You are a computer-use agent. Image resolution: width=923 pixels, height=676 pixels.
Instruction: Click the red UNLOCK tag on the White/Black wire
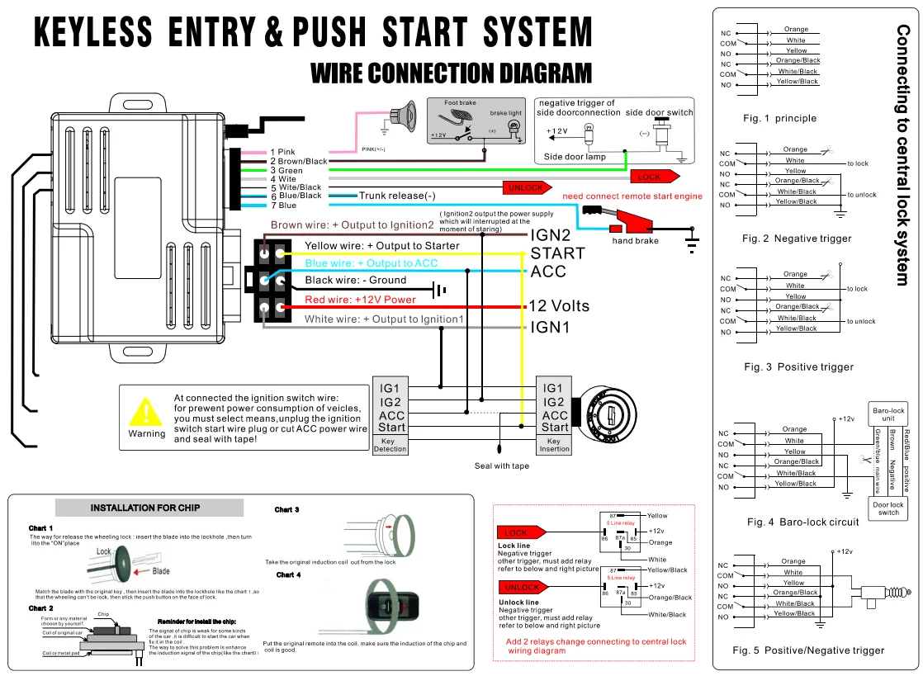525,187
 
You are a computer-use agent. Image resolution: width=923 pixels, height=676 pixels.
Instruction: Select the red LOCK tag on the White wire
653,177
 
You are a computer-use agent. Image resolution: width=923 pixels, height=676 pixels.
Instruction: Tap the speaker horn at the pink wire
405,113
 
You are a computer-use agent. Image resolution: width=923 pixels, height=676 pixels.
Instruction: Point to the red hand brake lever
631,224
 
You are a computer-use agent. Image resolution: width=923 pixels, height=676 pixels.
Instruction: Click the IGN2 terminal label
551,235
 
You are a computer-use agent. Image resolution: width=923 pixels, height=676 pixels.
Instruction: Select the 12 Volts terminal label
559,305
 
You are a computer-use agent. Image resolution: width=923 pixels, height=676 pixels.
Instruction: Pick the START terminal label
557,253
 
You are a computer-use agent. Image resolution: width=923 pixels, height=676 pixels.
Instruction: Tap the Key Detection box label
390,445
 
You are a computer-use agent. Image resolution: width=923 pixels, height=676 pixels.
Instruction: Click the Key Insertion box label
554,445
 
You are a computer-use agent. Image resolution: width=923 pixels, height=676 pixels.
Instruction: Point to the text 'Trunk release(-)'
397,196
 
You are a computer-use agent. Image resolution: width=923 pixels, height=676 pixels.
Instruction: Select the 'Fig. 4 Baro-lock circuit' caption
802,522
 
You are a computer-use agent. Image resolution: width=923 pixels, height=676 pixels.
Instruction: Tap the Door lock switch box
888,508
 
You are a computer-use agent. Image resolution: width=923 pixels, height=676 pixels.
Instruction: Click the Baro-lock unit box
888,414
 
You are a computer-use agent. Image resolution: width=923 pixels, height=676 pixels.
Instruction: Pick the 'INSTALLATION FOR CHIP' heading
144,508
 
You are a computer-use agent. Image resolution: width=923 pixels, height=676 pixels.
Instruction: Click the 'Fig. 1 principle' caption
779,118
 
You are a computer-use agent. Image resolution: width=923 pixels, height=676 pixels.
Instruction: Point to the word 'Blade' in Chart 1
161,571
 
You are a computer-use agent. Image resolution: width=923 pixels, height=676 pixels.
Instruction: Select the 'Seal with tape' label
501,466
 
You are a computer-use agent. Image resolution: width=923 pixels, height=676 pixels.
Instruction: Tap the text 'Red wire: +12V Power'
360,300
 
